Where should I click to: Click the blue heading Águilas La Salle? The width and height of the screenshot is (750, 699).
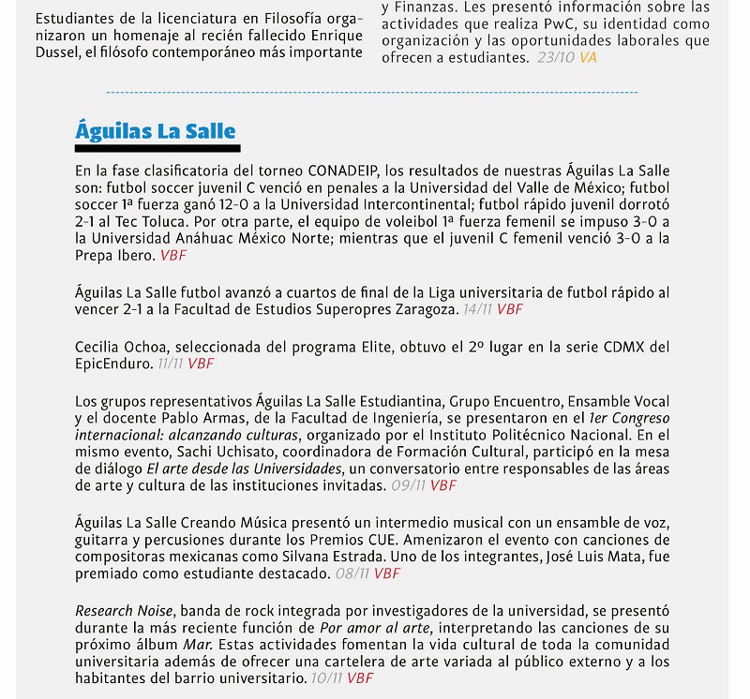click(x=155, y=130)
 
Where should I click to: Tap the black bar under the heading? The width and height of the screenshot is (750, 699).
click(x=157, y=148)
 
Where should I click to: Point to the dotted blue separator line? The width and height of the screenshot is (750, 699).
click(x=372, y=93)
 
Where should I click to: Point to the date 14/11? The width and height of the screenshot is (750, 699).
click(x=478, y=308)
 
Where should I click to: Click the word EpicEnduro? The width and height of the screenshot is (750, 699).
click(x=113, y=364)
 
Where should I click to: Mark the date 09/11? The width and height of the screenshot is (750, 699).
click(x=408, y=486)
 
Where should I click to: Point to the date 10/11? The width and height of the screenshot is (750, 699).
click(x=325, y=678)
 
